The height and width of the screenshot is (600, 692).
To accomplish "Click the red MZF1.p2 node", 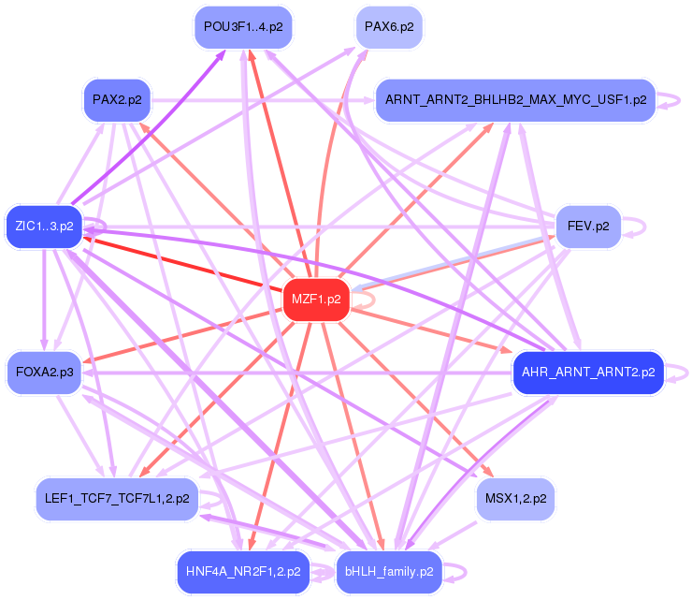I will click(316, 300).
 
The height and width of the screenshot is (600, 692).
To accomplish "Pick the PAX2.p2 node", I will click(117, 100).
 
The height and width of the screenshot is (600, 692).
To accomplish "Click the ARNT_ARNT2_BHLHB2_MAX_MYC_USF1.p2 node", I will click(515, 100).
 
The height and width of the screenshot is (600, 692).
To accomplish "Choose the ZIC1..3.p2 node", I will click(44, 227).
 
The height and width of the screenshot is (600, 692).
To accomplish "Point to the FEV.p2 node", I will click(588, 227).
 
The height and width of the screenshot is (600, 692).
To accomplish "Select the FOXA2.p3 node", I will click(44, 372).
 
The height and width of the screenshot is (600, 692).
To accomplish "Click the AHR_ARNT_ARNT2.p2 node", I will click(588, 372).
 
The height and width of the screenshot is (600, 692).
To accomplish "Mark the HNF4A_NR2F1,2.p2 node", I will click(241, 570).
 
